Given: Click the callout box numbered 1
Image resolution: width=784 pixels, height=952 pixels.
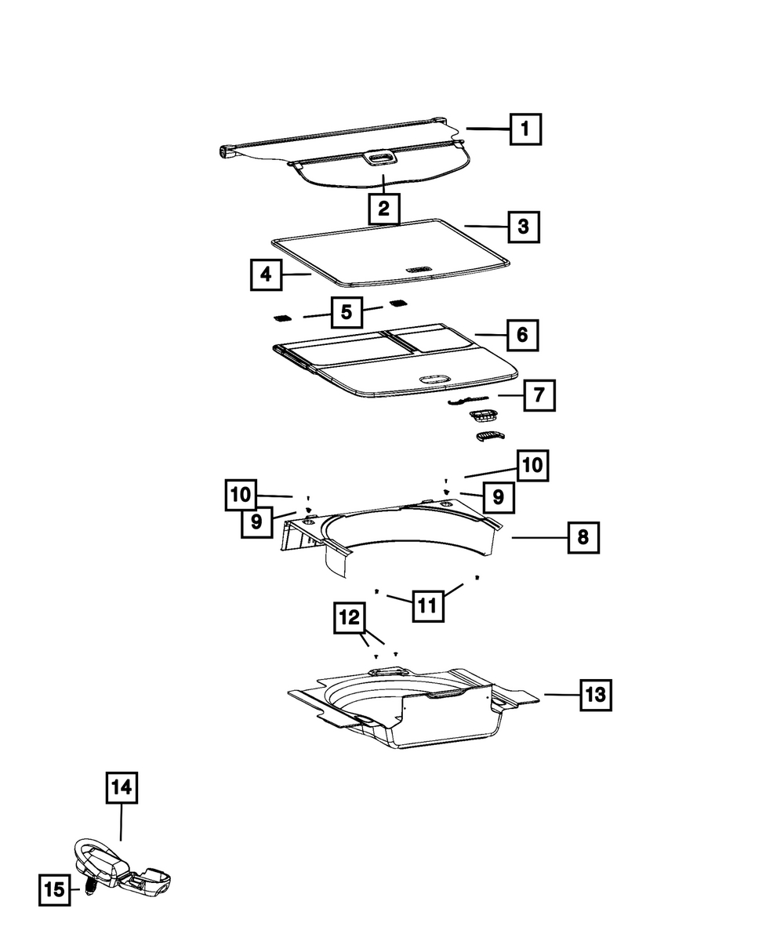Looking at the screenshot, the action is (525, 129).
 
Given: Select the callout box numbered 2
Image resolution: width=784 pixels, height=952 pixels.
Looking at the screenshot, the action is (384, 209).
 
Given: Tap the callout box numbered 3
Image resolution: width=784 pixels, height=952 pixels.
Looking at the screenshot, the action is (524, 227).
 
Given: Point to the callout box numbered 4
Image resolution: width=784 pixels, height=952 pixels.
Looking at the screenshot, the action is (267, 274).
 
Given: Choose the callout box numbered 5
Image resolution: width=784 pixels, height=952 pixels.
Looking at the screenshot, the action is (347, 312).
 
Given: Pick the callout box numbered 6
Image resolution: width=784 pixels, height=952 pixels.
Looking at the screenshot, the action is (522, 335).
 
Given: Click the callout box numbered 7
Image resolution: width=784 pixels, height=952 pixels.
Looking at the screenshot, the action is (539, 395).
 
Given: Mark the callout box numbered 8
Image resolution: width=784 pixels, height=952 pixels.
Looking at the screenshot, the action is (583, 537).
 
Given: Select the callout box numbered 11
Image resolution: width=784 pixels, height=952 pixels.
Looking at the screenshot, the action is (428, 606).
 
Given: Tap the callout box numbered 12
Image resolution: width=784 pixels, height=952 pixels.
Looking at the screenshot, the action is (350, 618).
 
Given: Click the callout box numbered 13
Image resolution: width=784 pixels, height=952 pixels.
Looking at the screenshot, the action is (596, 696).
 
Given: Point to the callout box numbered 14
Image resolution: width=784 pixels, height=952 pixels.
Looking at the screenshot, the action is (122, 787).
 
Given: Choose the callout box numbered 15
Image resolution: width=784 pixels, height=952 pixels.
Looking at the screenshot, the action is (55, 889).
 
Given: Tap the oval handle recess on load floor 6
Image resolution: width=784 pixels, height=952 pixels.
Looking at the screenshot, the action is (435, 379).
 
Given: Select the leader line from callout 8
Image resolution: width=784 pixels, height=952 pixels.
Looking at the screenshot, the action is (539, 538).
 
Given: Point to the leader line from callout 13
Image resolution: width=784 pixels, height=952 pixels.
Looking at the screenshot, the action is (562, 695).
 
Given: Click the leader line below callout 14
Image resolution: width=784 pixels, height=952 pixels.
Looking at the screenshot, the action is (122, 822).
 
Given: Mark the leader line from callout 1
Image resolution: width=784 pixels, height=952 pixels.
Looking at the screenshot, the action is (488, 129).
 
